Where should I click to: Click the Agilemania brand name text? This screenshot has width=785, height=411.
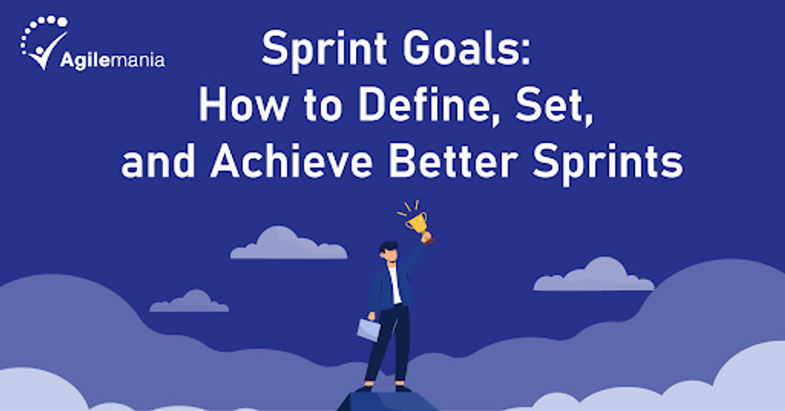113,60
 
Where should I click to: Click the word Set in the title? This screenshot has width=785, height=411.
540,107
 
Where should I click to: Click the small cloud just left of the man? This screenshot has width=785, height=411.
189,305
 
